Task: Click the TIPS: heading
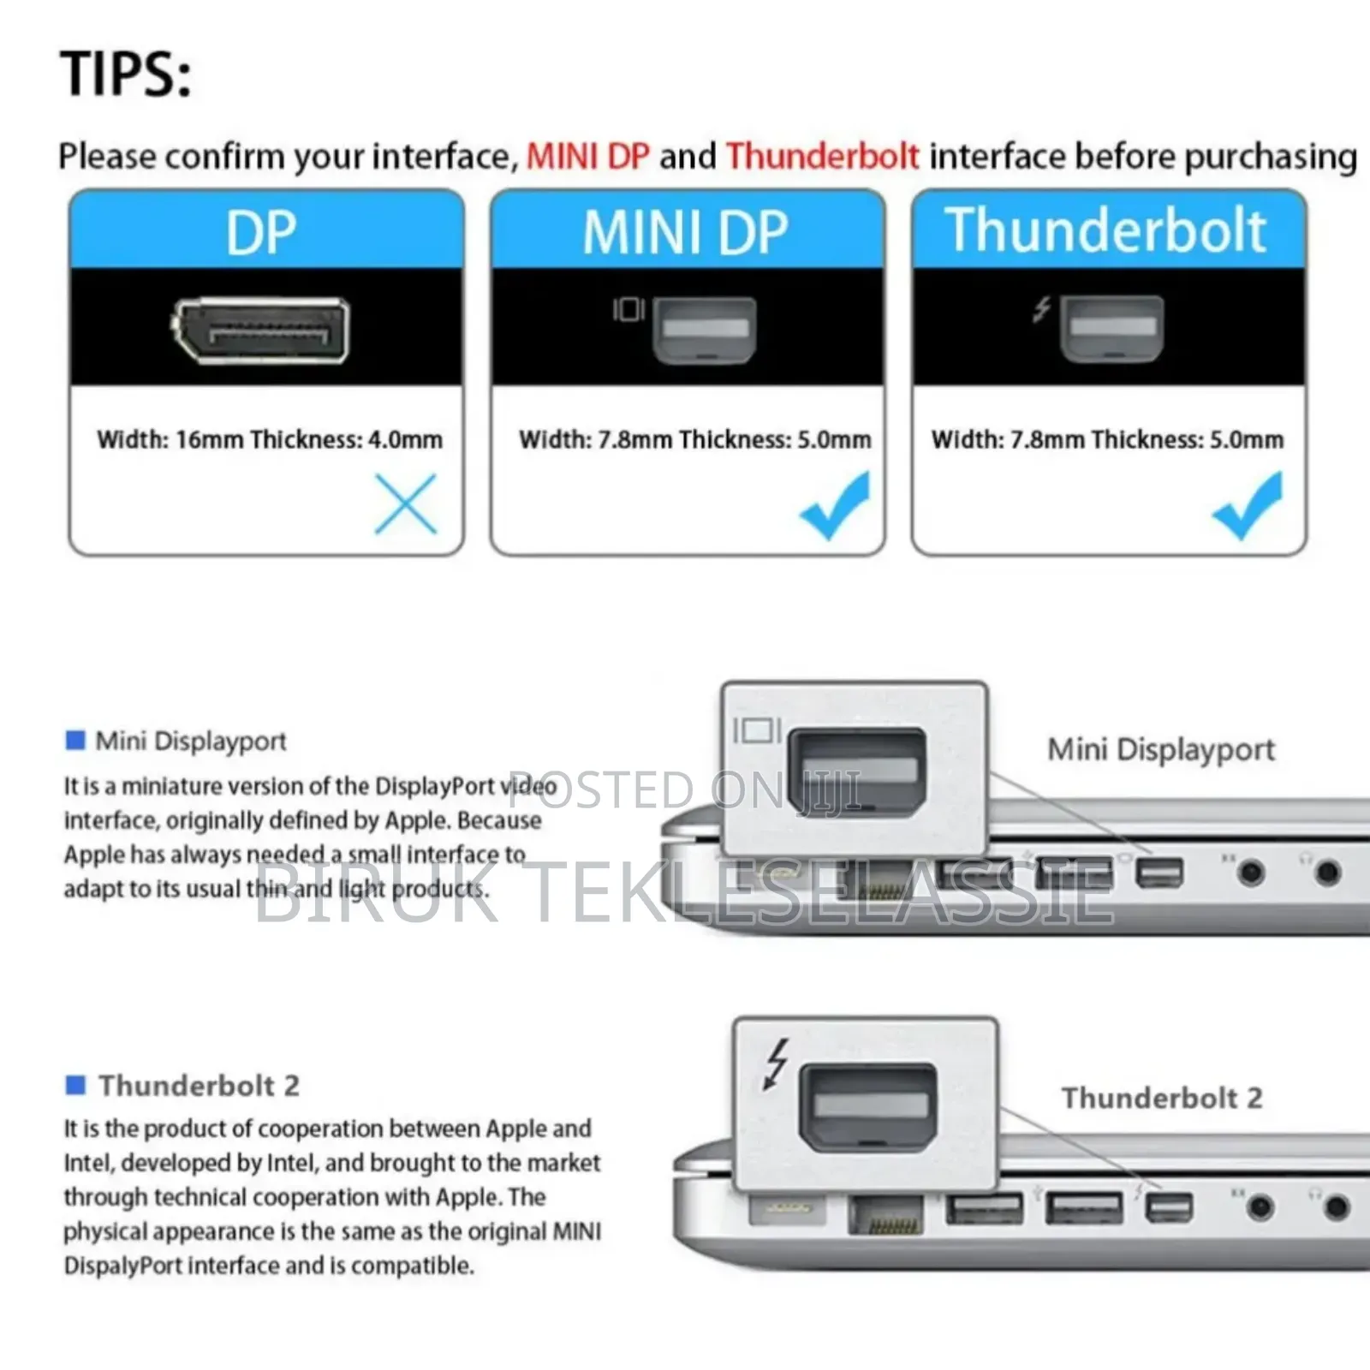[126, 74]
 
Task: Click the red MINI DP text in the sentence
[588, 157]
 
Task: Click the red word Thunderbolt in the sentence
[823, 157]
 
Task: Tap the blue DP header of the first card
[265, 231]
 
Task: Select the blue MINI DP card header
[687, 231]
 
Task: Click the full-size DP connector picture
[260, 331]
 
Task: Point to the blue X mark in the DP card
[406, 504]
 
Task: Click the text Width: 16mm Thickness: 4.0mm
[270, 440]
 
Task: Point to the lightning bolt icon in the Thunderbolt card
[1041, 309]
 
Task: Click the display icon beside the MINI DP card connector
[628, 309]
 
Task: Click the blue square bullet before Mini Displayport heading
[75, 740]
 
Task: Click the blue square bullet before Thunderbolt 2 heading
[75, 1085]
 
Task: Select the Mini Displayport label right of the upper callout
[1161, 750]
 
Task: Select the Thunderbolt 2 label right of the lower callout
[1162, 1098]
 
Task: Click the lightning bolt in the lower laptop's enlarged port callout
[776, 1063]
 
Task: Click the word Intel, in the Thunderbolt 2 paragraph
[91, 1163]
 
